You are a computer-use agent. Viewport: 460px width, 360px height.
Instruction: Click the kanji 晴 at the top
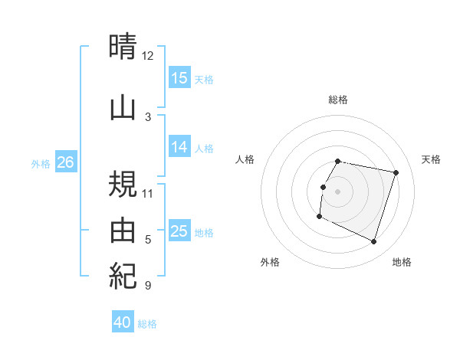click(x=123, y=47)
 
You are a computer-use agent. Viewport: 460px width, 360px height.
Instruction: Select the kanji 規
click(x=123, y=184)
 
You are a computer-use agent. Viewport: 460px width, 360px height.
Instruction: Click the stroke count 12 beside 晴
click(x=147, y=56)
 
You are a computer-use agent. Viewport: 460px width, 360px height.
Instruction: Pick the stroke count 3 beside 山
click(x=147, y=116)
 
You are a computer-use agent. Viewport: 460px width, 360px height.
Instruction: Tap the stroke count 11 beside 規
click(x=147, y=193)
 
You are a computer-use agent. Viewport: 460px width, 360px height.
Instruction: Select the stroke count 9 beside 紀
click(x=147, y=286)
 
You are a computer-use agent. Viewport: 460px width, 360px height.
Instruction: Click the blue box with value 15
click(x=179, y=78)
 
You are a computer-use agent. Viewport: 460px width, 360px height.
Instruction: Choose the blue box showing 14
click(x=179, y=147)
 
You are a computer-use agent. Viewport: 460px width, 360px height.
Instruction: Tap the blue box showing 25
click(x=179, y=231)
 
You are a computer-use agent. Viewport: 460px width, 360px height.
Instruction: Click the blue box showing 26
click(x=65, y=162)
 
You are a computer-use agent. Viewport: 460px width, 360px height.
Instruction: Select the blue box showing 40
click(x=123, y=322)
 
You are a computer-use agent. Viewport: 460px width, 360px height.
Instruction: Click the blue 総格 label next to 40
click(x=148, y=324)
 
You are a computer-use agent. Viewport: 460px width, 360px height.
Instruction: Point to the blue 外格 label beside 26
click(x=41, y=163)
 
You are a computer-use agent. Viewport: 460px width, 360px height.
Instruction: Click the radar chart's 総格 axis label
click(x=337, y=100)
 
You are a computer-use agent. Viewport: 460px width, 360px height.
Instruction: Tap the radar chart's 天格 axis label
click(x=431, y=159)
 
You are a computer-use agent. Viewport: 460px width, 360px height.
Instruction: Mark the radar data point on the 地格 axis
click(x=373, y=242)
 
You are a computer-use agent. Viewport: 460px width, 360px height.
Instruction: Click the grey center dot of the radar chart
click(x=337, y=191)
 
